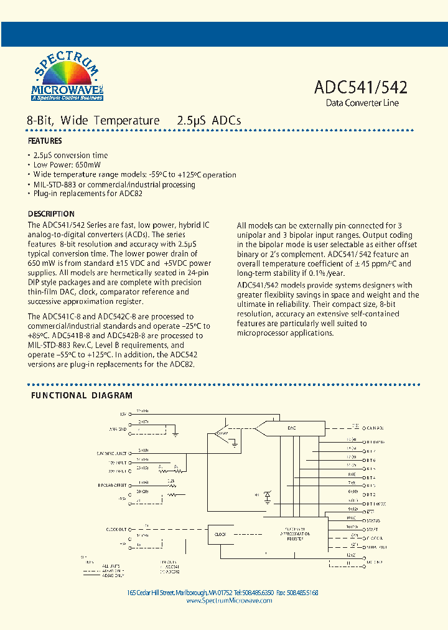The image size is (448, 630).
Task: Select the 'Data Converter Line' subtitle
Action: [x=362, y=103]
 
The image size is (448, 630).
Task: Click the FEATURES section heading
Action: [x=45, y=141]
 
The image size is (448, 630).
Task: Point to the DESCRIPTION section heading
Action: [x=51, y=214]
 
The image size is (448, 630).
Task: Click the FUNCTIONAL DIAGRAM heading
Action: [x=82, y=395]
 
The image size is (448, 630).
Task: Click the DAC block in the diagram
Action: [x=291, y=428]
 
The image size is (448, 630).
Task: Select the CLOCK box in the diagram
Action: [x=220, y=534]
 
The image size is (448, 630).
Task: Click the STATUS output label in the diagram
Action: [x=374, y=520]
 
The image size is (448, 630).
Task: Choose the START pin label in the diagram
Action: [x=373, y=529]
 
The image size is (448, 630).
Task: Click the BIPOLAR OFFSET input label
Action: [x=112, y=484]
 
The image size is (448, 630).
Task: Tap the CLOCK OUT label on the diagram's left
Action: [x=116, y=529]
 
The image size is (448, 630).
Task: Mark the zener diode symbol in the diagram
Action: [x=268, y=496]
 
